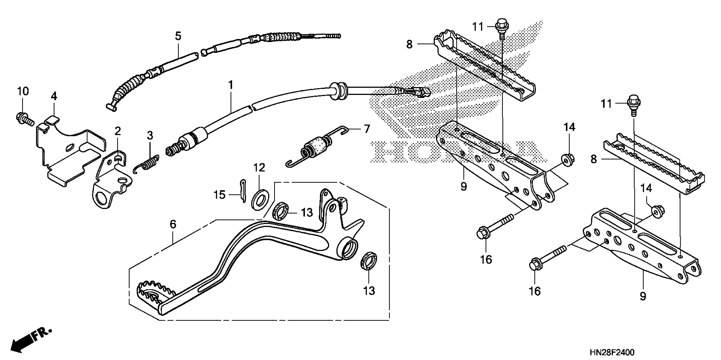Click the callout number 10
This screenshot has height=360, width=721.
23,91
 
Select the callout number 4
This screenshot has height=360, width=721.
54,96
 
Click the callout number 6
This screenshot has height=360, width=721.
173,224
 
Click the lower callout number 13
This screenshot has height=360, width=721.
369,291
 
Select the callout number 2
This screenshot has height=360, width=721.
118,131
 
